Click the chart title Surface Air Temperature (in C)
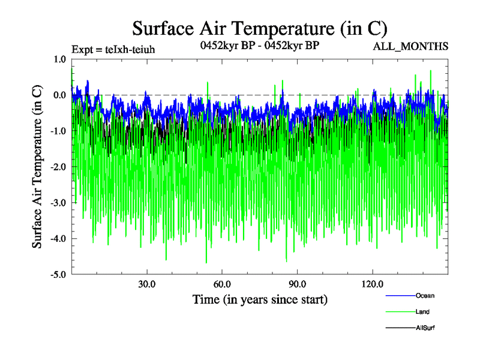click(260, 28)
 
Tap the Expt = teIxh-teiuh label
click(113, 49)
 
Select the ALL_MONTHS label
click(410, 46)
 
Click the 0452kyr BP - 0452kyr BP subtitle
click(259, 45)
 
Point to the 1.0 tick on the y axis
click(59, 59)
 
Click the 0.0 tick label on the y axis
click(59, 95)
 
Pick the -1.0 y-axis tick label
click(58, 131)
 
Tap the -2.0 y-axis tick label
click(58, 167)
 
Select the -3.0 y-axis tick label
click(58, 203)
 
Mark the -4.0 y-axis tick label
click(58, 239)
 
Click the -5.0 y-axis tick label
click(58, 275)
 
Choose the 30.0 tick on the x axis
click(147, 284)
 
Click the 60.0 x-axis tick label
click(222, 284)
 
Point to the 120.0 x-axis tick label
click(373, 284)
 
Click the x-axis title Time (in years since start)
click(260, 299)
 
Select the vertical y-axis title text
click(37, 167)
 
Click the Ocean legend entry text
click(425, 295)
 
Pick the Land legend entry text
click(422, 312)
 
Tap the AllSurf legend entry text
click(425, 328)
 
